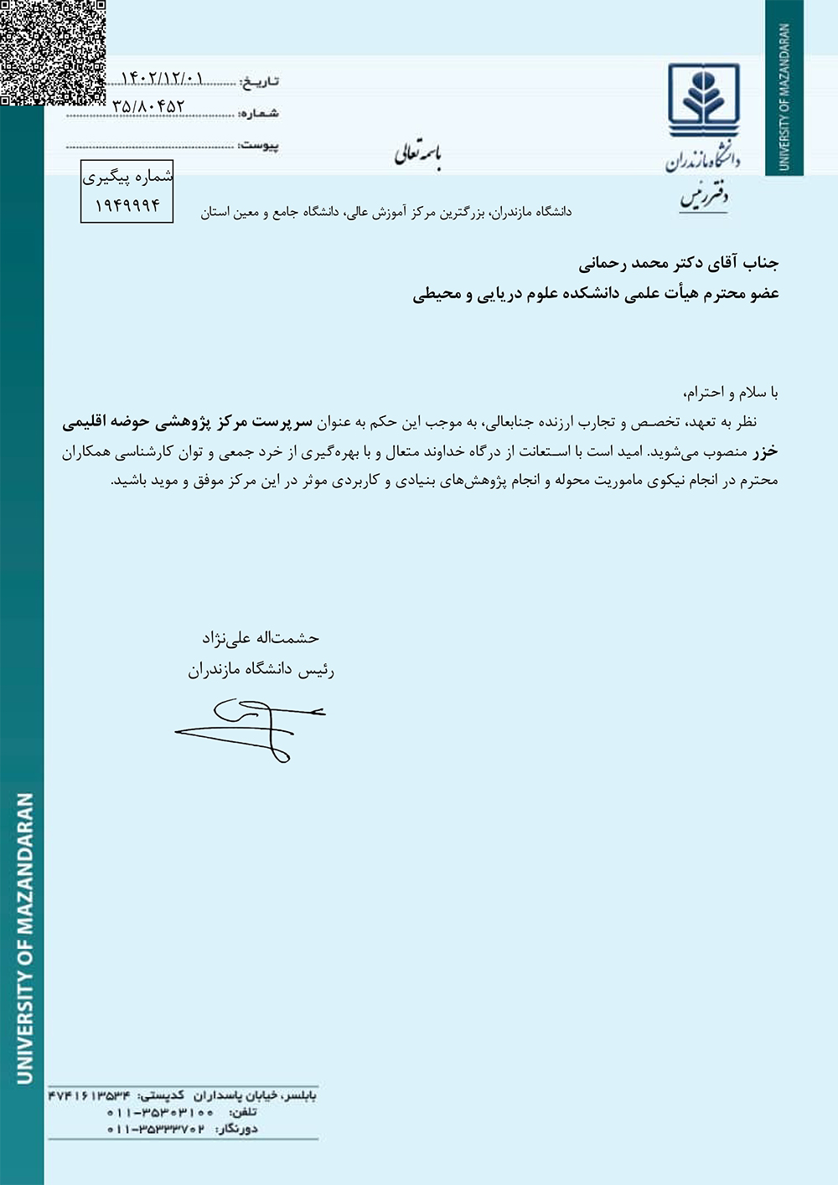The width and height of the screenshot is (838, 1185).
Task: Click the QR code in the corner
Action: tap(52, 52)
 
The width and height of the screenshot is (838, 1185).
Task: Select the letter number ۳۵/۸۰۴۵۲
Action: tap(148, 107)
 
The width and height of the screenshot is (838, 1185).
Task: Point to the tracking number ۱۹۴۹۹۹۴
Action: tap(127, 205)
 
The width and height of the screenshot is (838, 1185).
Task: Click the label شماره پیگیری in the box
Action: tap(127, 177)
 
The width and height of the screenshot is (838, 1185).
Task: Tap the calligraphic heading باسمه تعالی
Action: tap(418, 154)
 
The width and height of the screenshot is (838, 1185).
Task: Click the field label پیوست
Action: tap(259, 146)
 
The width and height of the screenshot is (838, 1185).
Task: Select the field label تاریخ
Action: tap(259, 81)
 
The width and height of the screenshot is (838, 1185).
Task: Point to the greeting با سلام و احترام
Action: tap(731, 392)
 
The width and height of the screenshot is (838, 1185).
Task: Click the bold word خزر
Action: tap(764, 451)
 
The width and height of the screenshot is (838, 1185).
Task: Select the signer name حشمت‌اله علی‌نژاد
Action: tap(261, 638)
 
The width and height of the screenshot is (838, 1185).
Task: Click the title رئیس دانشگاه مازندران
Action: tap(261, 670)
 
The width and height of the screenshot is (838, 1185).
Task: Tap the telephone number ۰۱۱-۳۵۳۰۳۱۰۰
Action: tap(160, 1112)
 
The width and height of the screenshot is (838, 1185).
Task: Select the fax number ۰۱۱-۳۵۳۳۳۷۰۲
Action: tap(156, 1129)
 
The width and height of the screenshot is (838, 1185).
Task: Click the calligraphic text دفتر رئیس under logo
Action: tap(704, 198)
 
